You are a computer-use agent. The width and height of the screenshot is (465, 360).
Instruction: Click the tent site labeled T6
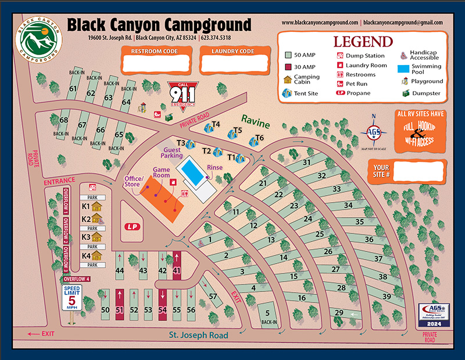click(x=255, y=140)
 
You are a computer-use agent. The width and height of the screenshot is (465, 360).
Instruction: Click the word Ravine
click(x=256, y=124)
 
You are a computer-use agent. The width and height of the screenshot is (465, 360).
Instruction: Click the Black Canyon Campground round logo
click(x=40, y=42)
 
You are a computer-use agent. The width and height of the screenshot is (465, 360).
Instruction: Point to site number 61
click(x=73, y=89)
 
